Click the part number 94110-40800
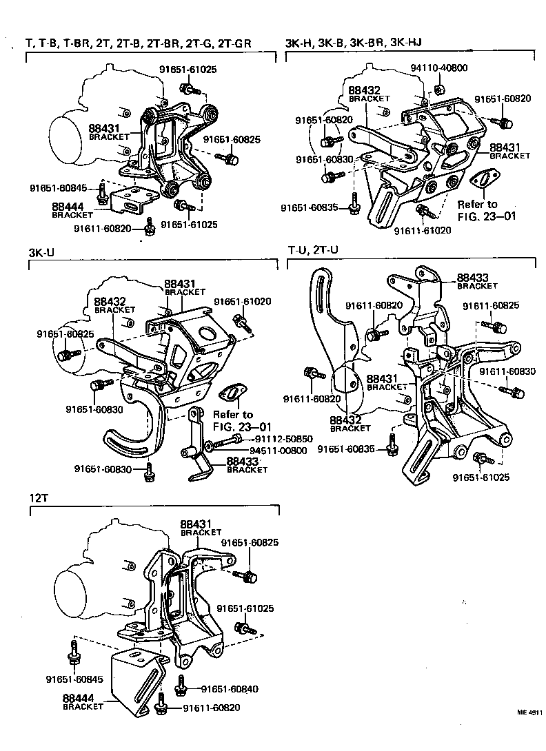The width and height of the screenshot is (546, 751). coord(438,68)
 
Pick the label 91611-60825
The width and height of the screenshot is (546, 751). coord(491,305)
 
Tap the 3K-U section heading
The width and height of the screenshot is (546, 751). coord(41,252)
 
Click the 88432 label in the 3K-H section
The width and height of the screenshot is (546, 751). coord(364,90)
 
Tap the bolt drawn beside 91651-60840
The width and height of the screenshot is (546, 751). coord(183,683)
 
